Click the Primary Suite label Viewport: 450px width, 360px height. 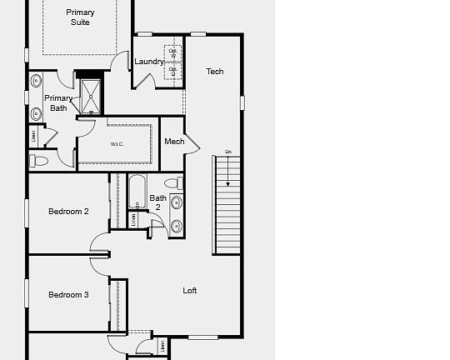click(x=80, y=17)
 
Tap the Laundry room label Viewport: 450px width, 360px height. click(x=149, y=62)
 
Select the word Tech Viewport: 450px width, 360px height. click(x=215, y=72)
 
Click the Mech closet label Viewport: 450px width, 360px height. click(x=174, y=142)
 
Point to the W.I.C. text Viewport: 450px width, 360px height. click(x=117, y=144)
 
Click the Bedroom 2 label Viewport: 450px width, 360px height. click(x=68, y=212)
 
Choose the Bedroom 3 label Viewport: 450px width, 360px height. click(x=68, y=294)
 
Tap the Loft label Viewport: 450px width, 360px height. click(x=190, y=291)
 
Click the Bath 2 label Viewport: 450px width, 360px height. click(x=157, y=202)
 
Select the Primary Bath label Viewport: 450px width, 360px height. click(x=58, y=102)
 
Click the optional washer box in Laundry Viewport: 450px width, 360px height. click(x=173, y=52)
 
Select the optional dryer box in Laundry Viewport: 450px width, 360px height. click(x=173, y=72)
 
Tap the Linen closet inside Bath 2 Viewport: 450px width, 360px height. click(x=135, y=219)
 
